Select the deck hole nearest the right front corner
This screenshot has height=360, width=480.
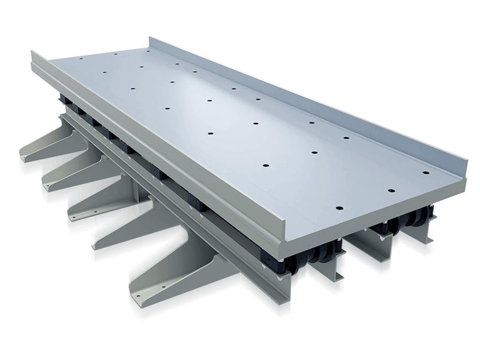tap(425, 173)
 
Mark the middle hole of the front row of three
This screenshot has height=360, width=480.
tap(391, 190)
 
